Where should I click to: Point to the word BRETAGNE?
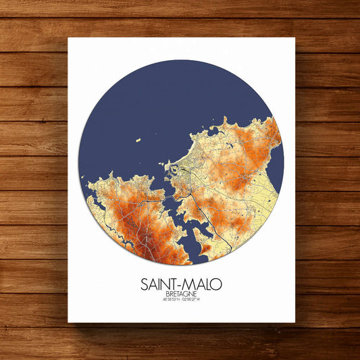click(181, 294)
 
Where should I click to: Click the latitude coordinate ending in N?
click(168, 300)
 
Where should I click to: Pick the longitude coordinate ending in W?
click(195, 300)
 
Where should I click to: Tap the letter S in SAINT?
click(145, 282)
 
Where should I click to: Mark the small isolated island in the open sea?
click(138, 140)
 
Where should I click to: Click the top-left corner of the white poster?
click(68, 38)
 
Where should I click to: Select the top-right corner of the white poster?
click(295, 38)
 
